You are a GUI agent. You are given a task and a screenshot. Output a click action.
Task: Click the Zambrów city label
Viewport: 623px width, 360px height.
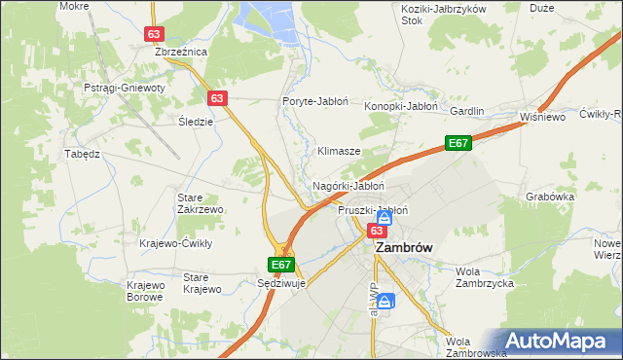click(x=404, y=248)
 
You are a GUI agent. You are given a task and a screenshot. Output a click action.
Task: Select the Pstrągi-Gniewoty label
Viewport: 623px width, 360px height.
click(x=126, y=88)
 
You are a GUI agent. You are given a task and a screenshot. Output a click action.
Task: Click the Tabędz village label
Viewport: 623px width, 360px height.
click(x=83, y=154)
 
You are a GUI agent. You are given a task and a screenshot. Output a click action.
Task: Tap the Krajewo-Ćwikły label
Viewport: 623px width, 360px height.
click(x=176, y=243)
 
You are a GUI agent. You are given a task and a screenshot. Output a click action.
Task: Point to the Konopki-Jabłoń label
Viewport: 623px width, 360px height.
click(x=401, y=106)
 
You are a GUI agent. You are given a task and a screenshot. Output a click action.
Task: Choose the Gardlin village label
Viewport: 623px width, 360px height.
click(x=466, y=111)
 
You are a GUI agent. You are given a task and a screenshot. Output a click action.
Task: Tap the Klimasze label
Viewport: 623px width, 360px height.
click(x=340, y=152)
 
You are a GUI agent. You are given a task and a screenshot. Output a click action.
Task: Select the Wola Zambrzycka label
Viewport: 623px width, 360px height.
click(x=485, y=277)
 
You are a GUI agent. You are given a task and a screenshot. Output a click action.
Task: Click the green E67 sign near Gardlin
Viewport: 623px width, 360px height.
click(x=459, y=143)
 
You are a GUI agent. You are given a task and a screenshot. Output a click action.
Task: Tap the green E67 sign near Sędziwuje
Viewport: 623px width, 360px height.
click(x=280, y=264)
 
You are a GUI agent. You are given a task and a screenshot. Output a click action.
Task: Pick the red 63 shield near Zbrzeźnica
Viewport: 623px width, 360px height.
click(x=154, y=33)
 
